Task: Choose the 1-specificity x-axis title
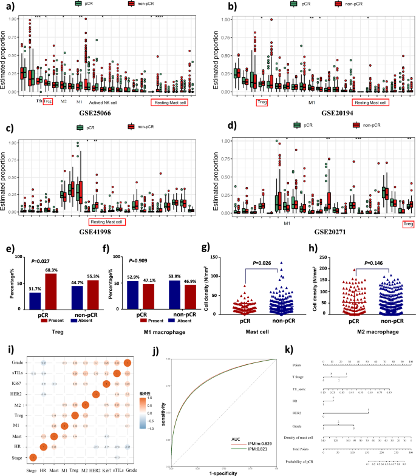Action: [x=224, y=473]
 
